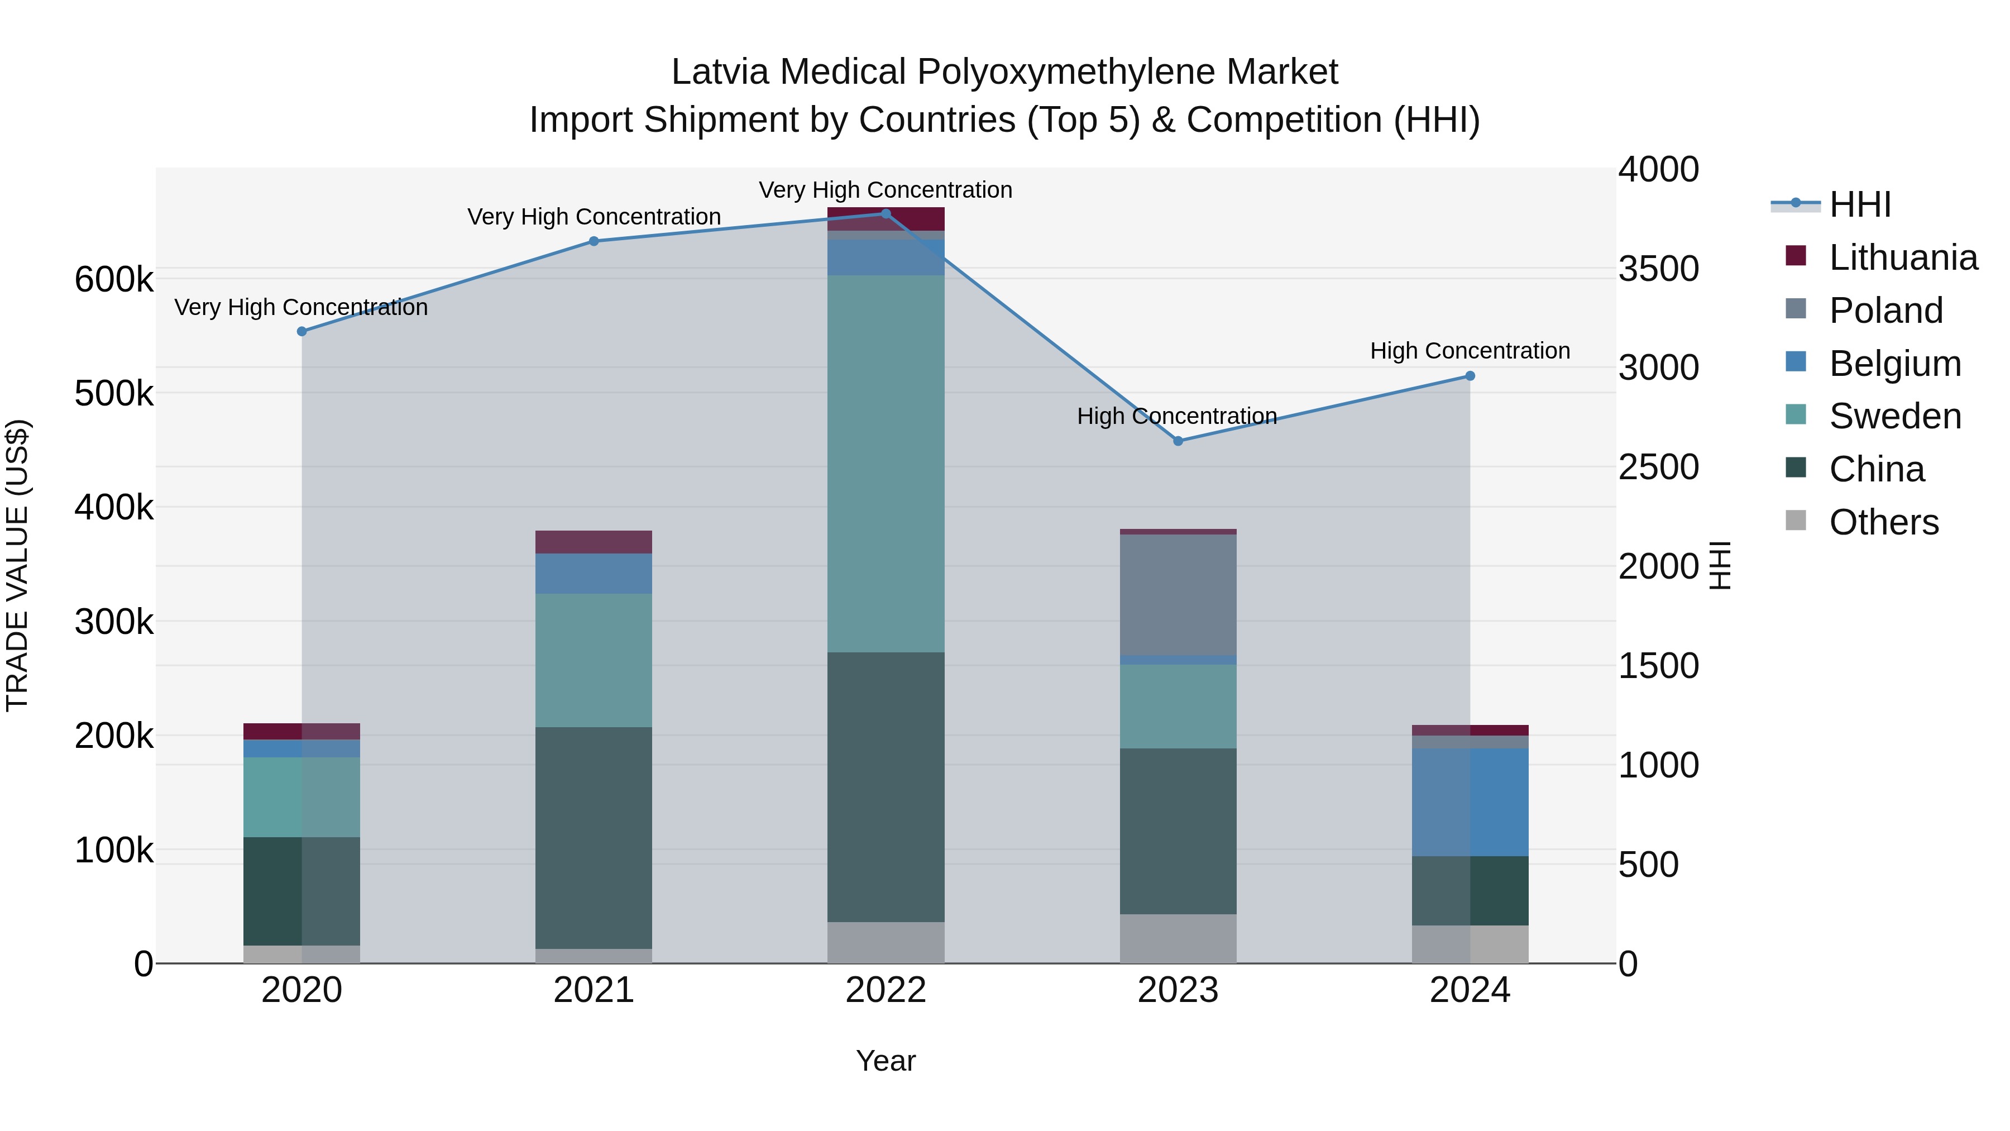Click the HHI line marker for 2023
pyautogui.click(x=1178, y=441)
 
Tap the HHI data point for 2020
pyautogui.click(x=302, y=332)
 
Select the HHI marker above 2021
pyautogui.click(x=594, y=242)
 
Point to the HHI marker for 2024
pyautogui.click(x=1470, y=376)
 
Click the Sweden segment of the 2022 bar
pyautogui.click(x=886, y=464)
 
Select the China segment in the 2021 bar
pyautogui.click(x=594, y=838)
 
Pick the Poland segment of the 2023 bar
pyautogui.click(x=1178, y=595)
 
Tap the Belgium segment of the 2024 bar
pyautogui.click(x=1470, y=803)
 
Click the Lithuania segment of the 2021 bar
pyautogui.click(x=594, y=542)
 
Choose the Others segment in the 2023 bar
pyautogui.click(x=1178, y=938)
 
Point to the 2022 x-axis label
pyautogui.click(x=886, y=990)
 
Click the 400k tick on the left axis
pyautogui.click(x=114, y=507)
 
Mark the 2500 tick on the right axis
pyautogui.click(x=1658, y=467)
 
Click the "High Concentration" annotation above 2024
pyautogui.click(x=1470, y=351)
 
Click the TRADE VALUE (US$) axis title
pyautogui.click(x=17, y=565)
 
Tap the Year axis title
pyautogui.click(x=886, y=1061)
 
